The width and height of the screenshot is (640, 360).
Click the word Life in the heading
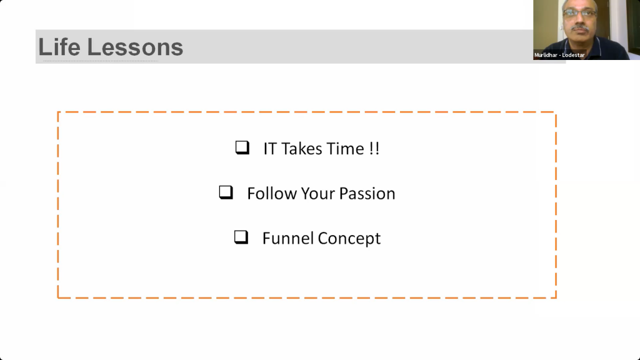click(59, 47)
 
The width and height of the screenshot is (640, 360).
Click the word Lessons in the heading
click(135, 47)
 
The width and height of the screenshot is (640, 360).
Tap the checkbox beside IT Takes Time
click(242, 147)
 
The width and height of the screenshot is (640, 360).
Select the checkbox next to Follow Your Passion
click(226, 192)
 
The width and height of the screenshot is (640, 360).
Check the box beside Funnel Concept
click(241, 237)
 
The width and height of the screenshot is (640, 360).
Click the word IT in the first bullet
click(270, 149)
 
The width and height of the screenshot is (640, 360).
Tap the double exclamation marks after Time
click(374, 149)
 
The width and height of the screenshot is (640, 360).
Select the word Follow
click(272, 194)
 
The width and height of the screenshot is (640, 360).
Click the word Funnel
click(288, 238)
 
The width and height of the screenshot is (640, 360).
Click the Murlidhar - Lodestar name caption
click(559, 55)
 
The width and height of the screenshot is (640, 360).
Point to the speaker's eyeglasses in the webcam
click(579, 13)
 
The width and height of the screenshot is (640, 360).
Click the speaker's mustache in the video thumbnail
click(580, 28)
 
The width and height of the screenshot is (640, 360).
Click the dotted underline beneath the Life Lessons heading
click(101, 61)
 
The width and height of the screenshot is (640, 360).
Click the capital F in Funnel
click(266, 238)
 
